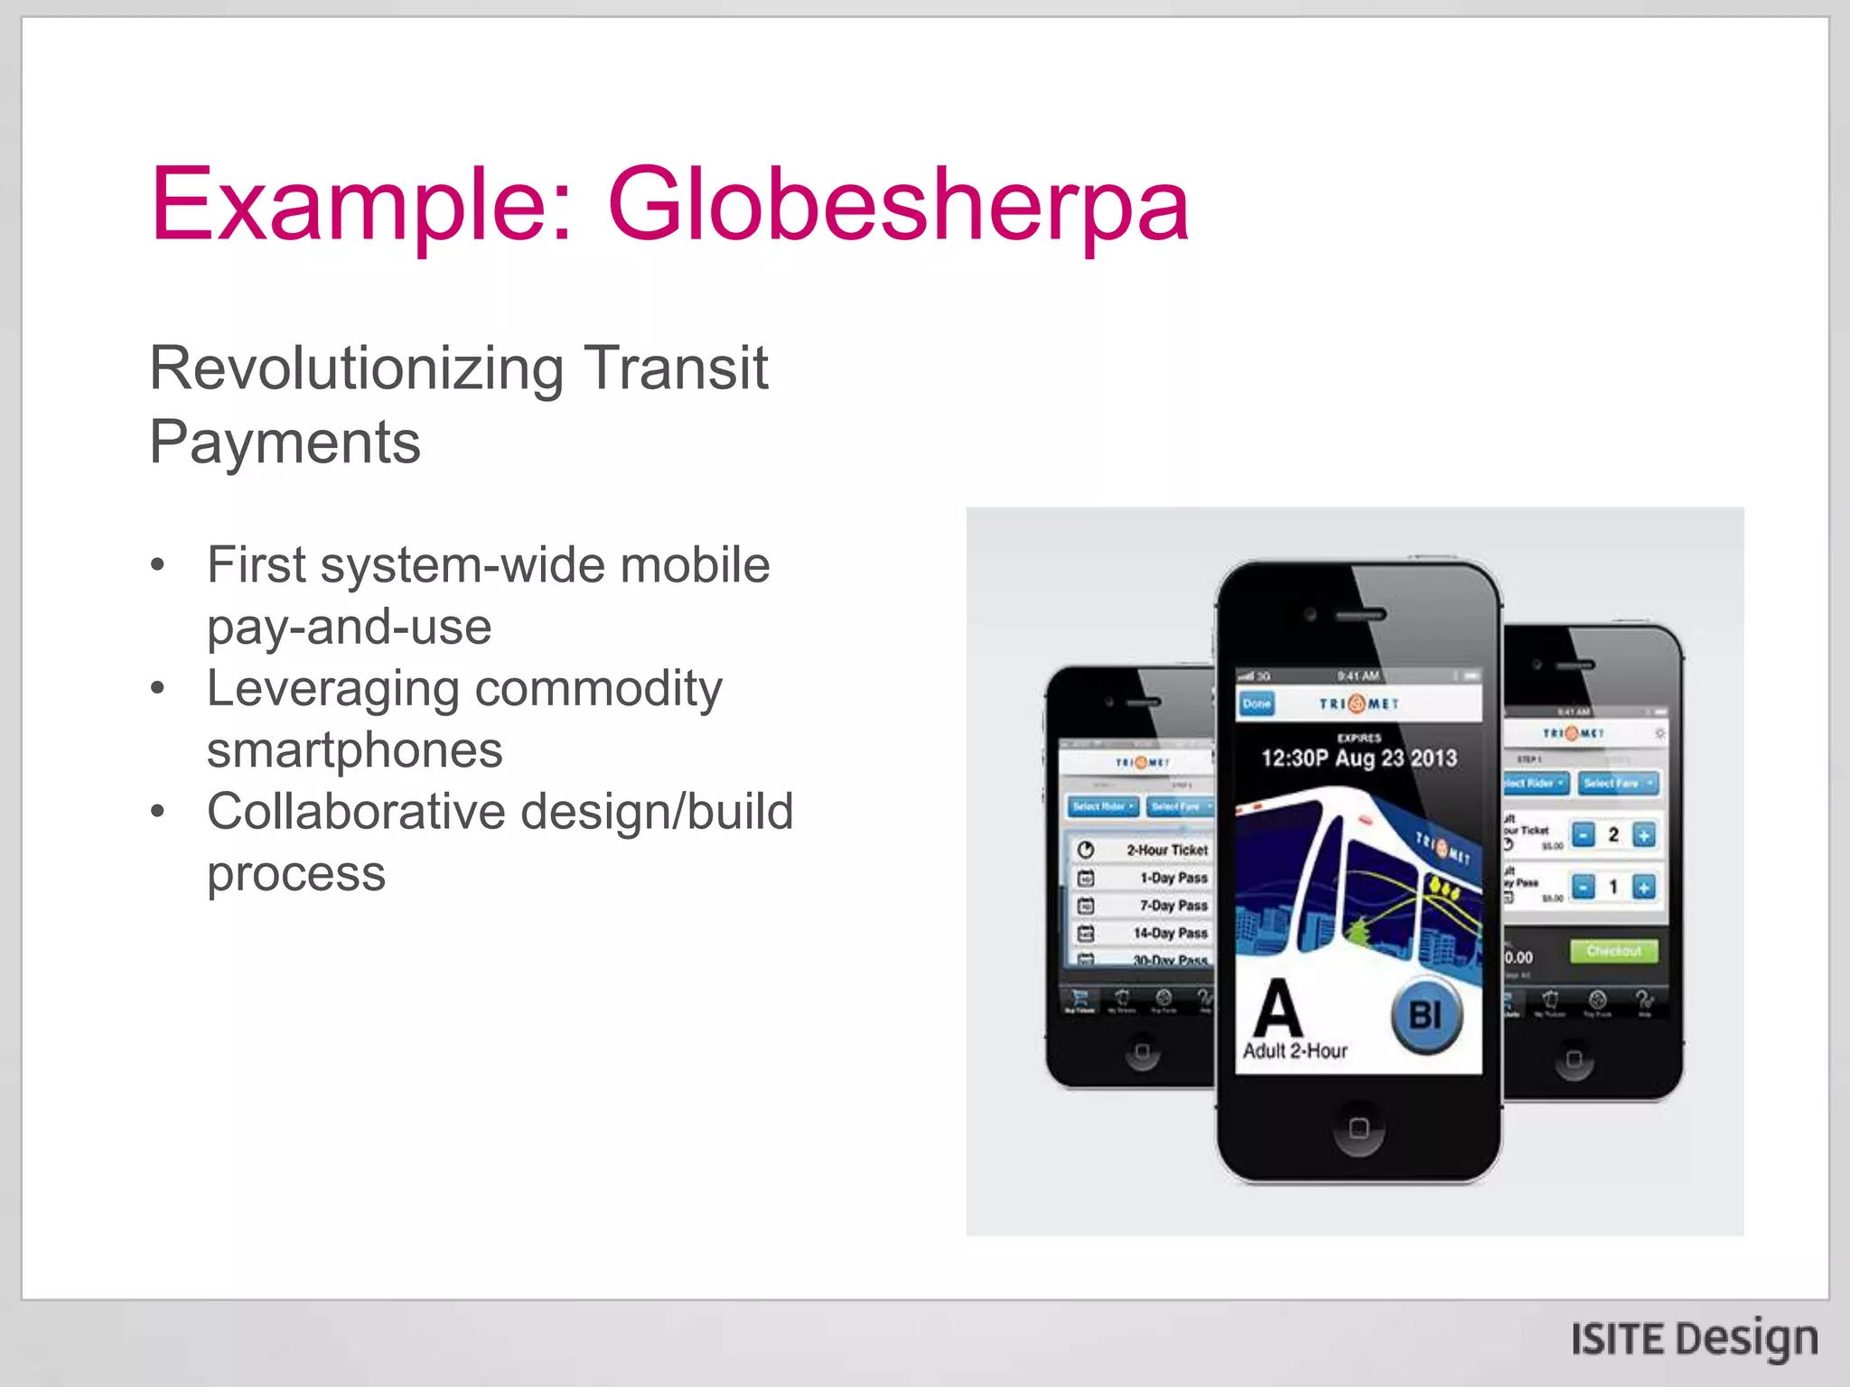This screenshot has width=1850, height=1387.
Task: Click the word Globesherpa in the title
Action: pyautogui.click(x=898, y=206)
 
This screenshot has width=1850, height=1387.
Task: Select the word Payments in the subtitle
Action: pyautogui.click(x=285, y=442)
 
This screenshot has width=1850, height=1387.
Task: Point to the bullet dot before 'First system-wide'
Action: pyautogui.click(x=158, y=566)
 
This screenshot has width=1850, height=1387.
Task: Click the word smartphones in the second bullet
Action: pyautogui.click(x=354, y=750)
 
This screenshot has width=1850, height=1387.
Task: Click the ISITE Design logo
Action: pyautogui.click(x=1694, y=1338)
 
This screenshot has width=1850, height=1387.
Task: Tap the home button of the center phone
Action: pyautogui.click(x=1359, y=1128)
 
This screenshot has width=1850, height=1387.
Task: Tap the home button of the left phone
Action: pyautogui.click(x=1143, y=1052)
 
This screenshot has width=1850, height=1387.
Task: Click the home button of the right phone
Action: pyautogui.click(x=1574, y=1058)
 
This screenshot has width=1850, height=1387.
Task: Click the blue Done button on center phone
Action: pyautogui.click(x=1257, y=703)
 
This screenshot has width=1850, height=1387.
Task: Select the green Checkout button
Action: pyautogui.click(x=1614, y=951)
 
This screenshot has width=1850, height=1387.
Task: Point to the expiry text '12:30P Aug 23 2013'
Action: pyautogui.click(x=1359, y=759)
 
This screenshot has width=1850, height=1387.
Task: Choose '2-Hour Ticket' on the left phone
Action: pyautogui.click(x=1166, y=850)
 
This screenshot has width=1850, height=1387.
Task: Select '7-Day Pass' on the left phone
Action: pyautogui.click(x=1173, y=905)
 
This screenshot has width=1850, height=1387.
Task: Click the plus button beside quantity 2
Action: pyautogui.click(x=1644, y=835)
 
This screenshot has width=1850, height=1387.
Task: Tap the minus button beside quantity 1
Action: pyautogui.click(x=1584, y=888)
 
